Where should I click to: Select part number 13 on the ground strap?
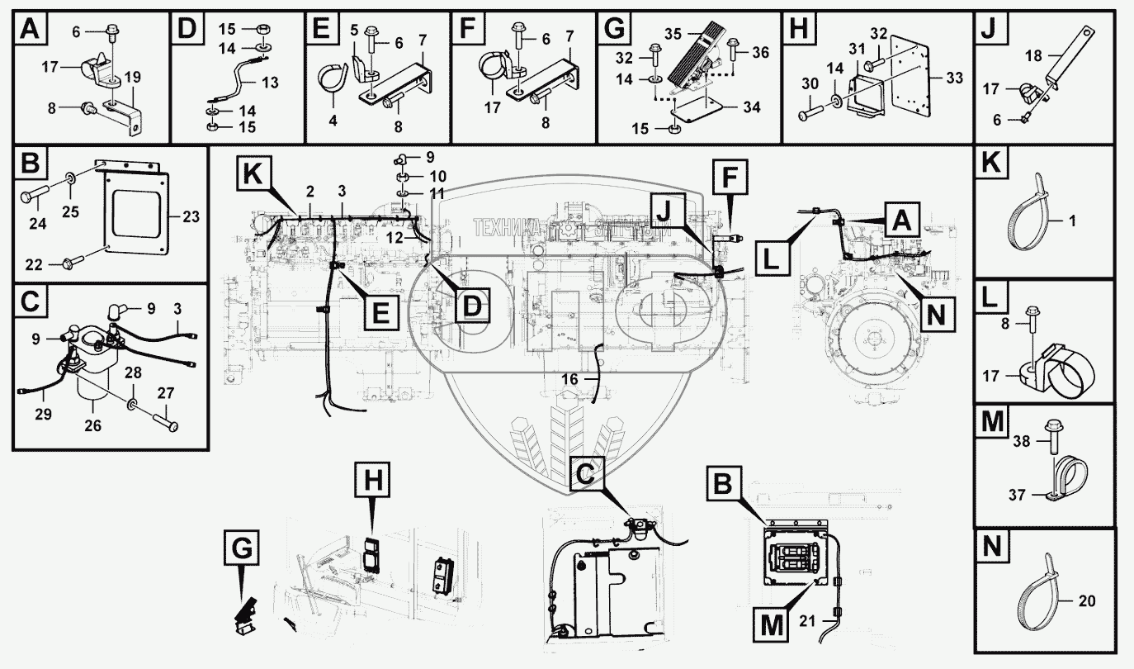coord(270,82)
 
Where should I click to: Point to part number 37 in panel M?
coord(1018,495)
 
